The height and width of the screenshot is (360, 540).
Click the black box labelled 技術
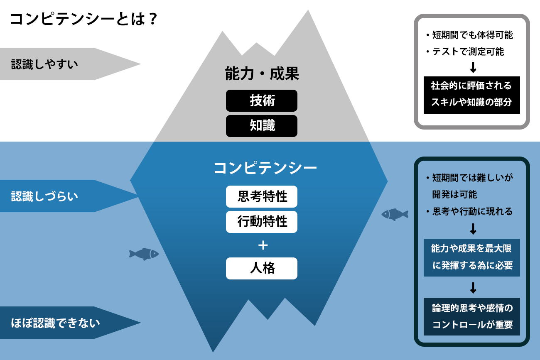262,100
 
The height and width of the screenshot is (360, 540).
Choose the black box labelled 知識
262,126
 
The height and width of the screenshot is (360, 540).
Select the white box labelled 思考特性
262,196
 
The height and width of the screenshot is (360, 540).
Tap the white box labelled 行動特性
262,222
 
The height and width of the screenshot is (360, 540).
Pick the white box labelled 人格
262,268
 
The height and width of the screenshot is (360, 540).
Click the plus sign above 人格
263,245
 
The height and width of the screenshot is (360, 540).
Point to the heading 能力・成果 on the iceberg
262,74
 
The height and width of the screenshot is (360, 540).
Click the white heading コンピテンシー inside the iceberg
265,168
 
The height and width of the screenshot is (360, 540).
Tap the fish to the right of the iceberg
395,214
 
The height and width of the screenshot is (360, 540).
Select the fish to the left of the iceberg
144,254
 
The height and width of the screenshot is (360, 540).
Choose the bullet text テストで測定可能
468,52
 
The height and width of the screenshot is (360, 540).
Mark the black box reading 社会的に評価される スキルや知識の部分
471,95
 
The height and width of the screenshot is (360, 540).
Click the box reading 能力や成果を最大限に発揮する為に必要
471,257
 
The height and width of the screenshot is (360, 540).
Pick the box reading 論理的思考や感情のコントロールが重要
471,316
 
